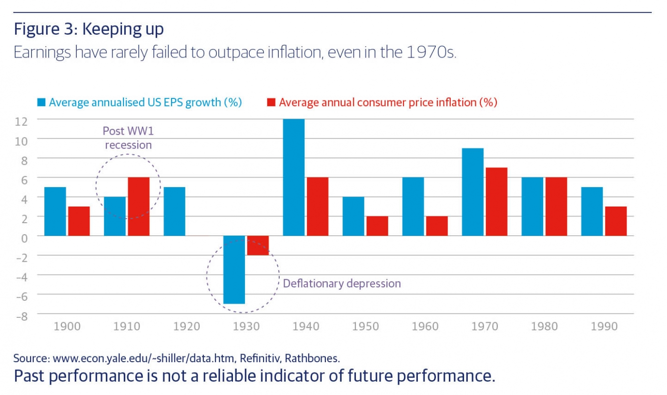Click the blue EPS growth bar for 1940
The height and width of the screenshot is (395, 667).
point(294,177)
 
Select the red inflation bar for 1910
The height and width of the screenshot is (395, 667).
point(139,206)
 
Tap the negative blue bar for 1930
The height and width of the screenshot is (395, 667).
point(234,269)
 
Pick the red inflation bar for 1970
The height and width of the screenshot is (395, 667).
point(496,201)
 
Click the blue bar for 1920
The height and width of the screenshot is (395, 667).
point(174,211)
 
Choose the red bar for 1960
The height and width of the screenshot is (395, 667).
point(437,226)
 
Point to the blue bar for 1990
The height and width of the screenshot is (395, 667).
point(592,211)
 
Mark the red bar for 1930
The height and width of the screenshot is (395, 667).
point(258,245)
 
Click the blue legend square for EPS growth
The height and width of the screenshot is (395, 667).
point(42,102)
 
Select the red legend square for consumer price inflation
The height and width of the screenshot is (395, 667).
point(272,102)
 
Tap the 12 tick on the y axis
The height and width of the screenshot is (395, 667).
point(22,120)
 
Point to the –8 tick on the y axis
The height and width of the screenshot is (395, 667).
point(21,315)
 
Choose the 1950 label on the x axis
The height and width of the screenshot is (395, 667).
point(365,326)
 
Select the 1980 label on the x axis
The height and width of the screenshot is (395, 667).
point(545,326)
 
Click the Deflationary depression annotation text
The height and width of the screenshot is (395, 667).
point(342,284)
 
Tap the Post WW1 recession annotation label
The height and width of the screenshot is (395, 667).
point(128,138)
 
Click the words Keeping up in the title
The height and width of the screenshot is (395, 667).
point(123,29)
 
